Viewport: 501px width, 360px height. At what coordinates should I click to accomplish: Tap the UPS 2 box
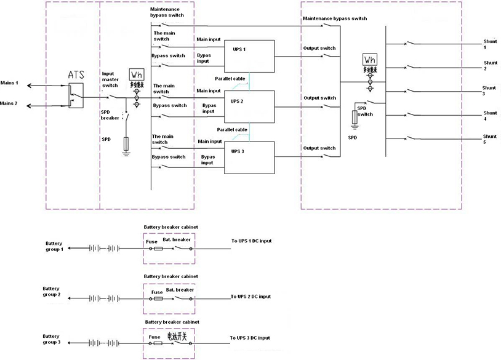click(249, 105)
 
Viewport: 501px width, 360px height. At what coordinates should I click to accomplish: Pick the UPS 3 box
click(249, 156)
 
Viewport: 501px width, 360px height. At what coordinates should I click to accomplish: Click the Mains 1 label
click(9, 82)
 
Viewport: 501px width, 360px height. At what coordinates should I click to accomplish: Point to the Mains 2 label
click(9, 103)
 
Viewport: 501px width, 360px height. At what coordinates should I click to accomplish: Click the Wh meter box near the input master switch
click(137, 75)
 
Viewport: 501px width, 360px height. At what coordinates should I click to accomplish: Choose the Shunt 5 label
click(490, 139)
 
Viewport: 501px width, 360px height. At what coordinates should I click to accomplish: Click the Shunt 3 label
click(490, 90)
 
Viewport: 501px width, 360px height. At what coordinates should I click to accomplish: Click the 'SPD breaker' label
click(110, 115)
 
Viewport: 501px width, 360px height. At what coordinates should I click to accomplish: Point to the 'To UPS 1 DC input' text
click(250, 241)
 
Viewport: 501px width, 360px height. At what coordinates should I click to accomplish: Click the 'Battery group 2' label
click(52, 292)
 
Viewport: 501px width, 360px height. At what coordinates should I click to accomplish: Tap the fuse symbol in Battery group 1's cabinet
click(158, 249)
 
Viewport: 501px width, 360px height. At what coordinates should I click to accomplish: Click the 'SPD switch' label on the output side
click(365, 111)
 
